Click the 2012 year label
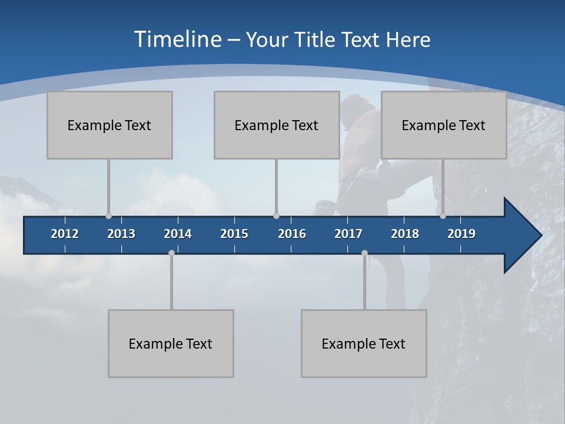65,234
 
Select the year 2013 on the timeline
121,234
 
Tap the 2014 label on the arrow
178,234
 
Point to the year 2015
234,234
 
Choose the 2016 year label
292,234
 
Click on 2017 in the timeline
348,234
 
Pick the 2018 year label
405,234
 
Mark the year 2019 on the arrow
461,234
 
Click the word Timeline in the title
177,39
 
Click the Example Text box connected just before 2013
109,125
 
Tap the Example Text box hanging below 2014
171,343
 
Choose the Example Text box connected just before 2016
277,125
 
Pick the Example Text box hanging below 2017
364,343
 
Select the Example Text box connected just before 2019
444,125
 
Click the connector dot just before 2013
108,216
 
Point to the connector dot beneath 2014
171,253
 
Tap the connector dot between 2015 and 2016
276,216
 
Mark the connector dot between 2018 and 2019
443,216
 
